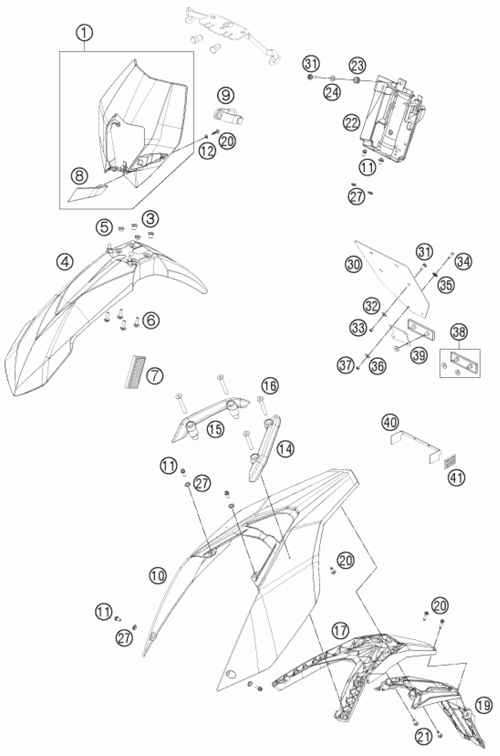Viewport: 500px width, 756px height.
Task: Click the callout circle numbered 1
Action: coord(84,34)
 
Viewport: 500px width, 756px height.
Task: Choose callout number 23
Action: coord(358,66)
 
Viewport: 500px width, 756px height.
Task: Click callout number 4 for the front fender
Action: coord(65,262)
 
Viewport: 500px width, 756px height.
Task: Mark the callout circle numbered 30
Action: coord(354,265)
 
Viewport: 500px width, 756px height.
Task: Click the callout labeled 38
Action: coord(459,332)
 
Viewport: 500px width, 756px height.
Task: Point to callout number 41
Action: coord(457,477)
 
